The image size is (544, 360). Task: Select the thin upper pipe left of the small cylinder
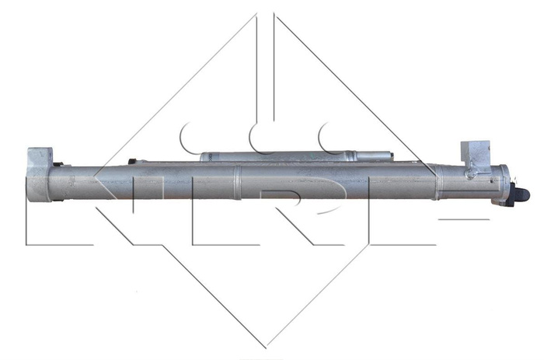(x=167, y=162)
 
